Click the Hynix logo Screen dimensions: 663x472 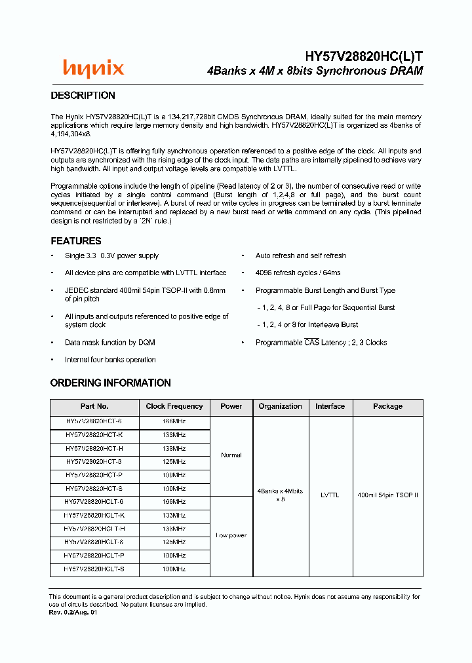[x=93, y=68]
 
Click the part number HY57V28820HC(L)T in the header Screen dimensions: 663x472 [x=364, y=57]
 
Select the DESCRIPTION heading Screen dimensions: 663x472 [x=83, y=96]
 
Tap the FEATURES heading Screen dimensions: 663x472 [x=76, y=241]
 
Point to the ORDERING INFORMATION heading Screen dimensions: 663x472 [x=110, y=383]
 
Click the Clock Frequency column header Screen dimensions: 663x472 [x=174, y=406]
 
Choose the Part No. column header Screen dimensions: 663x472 [x=94, y=406]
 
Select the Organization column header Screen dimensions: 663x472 [x=280, y=406]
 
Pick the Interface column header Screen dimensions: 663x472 [x=330, y=406]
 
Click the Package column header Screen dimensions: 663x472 [x=387, y=406]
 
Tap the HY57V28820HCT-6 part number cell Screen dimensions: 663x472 [x=94, y=422]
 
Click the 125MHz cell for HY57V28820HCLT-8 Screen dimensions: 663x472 [x=174, y=542]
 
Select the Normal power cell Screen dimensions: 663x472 [x=231, y=455]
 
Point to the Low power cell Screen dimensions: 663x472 [x=231, y=535]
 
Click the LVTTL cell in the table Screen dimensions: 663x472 [x=330, y=495]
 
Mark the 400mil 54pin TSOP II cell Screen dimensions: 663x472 [x=387, y=495]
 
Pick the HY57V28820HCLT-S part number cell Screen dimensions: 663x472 [x=94, y=569]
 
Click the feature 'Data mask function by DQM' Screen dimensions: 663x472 [x=109, y=343]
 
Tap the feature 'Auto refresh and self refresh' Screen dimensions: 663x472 [x=300, y=256]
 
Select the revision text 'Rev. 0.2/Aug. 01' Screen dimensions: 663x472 [x=73, y=612]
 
